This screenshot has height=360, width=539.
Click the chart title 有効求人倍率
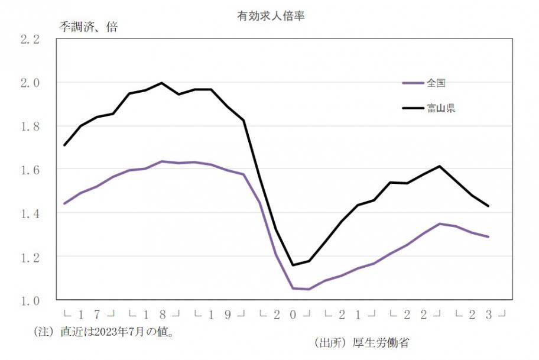(x=270, y=16)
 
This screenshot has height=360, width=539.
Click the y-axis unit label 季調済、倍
(x=89, y=28)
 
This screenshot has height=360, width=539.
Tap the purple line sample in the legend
(x=413, y=83)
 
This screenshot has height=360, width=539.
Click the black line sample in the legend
(x=413, y=108)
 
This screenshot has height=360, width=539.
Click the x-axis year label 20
(x=285, y=314)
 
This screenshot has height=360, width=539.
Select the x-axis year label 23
(x=480, y=314)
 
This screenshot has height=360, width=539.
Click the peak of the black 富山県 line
(x=162, y=83)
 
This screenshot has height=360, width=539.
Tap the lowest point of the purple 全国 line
(x=309, y=289)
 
